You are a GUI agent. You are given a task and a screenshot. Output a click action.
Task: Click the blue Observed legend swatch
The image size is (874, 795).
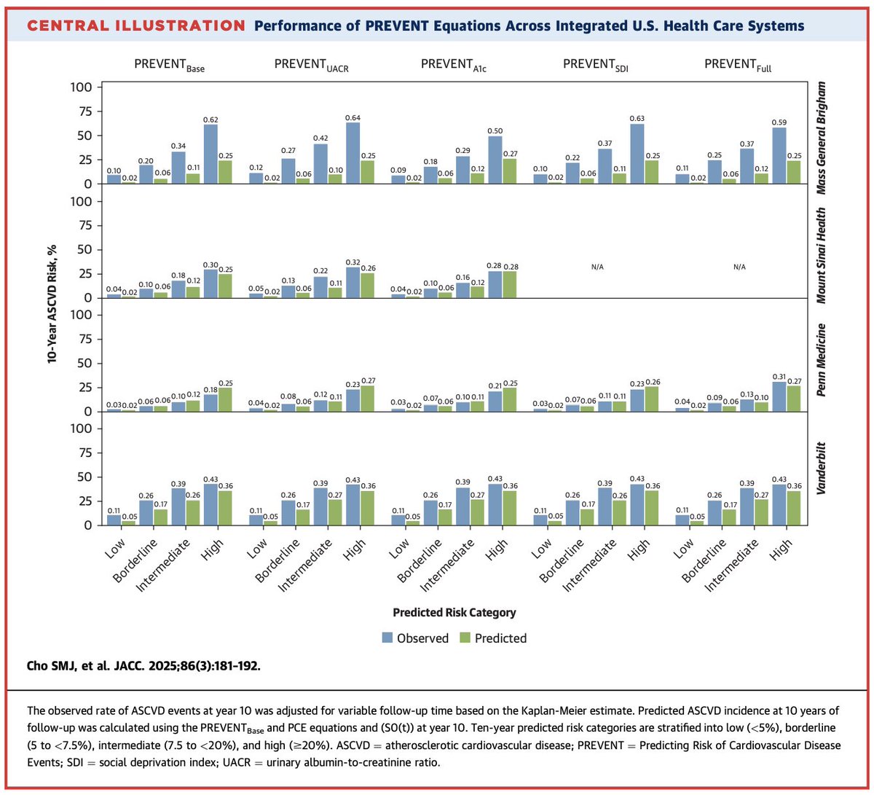click(387, 638)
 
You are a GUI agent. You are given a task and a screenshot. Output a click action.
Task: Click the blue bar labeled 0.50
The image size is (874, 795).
click(495, 160)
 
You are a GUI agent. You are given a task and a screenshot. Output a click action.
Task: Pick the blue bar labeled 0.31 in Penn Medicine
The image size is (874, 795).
click(780, 396)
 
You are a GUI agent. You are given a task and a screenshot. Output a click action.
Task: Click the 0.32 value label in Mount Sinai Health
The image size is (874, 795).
click(353, 262)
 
